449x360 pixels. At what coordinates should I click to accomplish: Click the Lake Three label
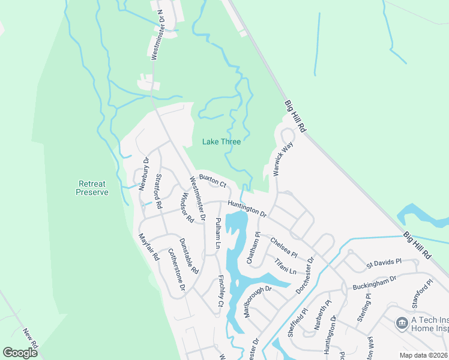tap(220, 142)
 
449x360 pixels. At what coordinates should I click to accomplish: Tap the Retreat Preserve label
tap(93, 188)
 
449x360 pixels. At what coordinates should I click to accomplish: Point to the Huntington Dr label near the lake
tap(247, 208)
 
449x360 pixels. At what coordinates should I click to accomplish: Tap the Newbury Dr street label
tap(144, 174)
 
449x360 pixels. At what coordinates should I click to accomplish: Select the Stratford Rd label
tap(159, 191)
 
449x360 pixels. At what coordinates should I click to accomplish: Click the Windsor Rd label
tap(187, 208)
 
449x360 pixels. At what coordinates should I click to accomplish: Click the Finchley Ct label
tap(221, 291)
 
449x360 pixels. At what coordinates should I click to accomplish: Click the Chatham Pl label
tap(256, 248)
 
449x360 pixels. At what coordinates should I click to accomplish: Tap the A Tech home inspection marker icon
tap(402, 323)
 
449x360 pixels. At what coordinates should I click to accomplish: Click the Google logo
tap(20, 353)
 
